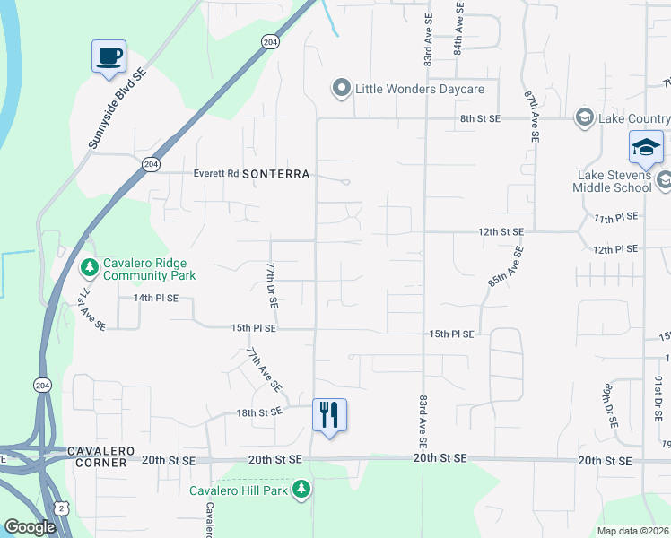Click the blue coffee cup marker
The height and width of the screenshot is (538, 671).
click(109, 56)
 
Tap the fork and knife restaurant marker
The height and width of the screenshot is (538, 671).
click(329, 414)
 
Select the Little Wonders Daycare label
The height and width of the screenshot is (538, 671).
click(420, 89)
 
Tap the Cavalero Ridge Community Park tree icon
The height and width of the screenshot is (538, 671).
click(89, 267)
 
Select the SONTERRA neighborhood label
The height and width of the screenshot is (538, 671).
click(275, 174)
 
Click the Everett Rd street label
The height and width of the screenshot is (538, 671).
click(215, 174)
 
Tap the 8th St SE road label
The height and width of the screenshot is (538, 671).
click(480, 118)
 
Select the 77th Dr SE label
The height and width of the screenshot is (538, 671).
click(270, 285)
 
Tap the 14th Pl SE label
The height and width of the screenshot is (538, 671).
click(156, 297)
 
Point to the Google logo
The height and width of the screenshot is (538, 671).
click(30, 527)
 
